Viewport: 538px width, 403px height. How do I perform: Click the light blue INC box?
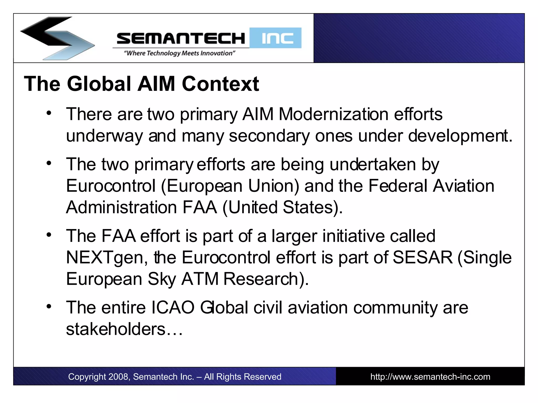[x=276, y=38]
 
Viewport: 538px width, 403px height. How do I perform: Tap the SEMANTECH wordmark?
[x=181, y=38]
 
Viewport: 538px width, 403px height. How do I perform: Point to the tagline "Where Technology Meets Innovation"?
[x=179, y=53]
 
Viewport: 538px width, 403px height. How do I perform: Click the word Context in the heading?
[x=220, y=84]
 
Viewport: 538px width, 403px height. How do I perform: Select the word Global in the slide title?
[x=99, y=84]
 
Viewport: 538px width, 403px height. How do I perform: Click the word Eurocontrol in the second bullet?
[x=111, y=186]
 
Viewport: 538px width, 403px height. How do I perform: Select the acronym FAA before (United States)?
[x=200, y=207]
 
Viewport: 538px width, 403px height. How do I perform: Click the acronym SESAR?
[x=423, y=257]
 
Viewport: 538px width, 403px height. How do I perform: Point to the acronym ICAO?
[x=173, y=307]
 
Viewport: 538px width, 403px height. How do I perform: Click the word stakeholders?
[x=116, y=329]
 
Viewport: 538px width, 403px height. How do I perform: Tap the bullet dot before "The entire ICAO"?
[x=49, y=306]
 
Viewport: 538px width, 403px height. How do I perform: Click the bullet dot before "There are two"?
[x=49, y=113]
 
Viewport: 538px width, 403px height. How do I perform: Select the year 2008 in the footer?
[x=118, y=377]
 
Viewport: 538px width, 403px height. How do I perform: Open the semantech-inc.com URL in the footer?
[x=430, y=377]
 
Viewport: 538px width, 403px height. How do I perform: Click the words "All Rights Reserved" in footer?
[x=242, y=377]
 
